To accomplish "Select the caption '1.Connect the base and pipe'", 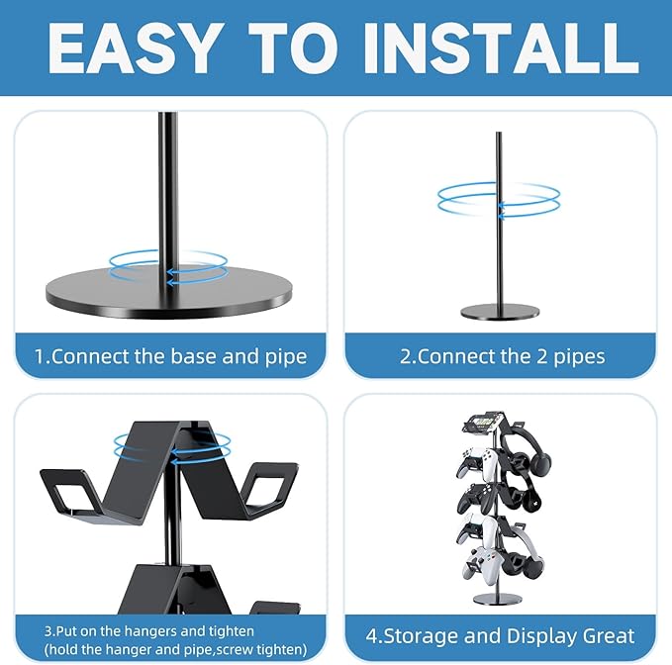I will tap(170, 356).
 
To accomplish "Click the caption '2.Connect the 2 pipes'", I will tap(502, 356).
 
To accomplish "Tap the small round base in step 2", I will tap(500, 312).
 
